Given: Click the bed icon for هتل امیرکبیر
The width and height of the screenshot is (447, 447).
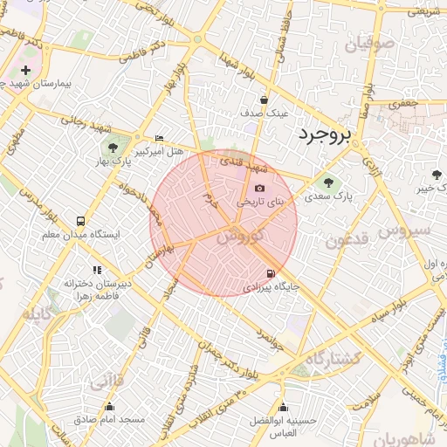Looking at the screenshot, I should (158, 139).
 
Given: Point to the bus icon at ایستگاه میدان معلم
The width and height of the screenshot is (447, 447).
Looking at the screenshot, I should (81, 221).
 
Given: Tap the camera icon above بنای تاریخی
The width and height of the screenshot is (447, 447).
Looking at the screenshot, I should (259, 189).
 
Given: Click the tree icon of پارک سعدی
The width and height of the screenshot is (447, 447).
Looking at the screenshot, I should (328, 182).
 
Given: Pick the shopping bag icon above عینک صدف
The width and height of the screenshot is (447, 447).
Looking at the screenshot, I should (264, 100).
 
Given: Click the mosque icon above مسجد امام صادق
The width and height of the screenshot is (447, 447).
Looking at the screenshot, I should (109, 407).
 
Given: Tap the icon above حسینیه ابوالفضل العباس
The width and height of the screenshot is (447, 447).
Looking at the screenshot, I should (282, 407).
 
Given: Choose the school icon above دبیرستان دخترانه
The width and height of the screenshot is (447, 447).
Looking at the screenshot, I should (96, 270).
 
